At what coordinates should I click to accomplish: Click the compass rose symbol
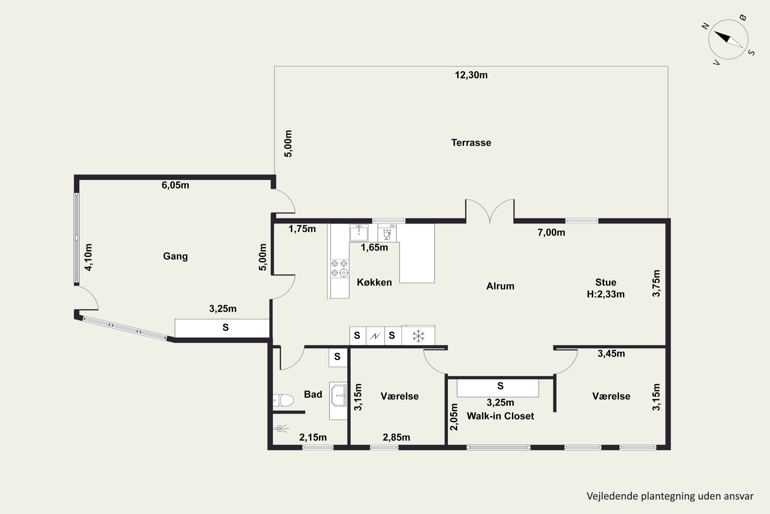point(728,40)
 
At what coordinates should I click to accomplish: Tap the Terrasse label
point(471,143)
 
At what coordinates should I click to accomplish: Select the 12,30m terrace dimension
point(471,75)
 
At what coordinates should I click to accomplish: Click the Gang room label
point(176,256)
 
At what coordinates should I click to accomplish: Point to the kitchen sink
point(359,233)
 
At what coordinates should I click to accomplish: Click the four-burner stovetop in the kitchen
point(340,268)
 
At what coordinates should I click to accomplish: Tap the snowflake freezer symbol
point(418,336)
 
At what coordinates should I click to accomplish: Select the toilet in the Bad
point(283,400)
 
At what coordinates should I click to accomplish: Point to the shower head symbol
point(281,428)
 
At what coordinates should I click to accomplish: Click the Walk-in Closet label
point(500,416)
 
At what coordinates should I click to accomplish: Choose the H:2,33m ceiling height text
point(606,294)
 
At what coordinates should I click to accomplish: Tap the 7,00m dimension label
point(551,232)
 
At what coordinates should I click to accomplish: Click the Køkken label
point(374,282)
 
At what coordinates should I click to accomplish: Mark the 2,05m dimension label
point(454,417)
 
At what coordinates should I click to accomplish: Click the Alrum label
point(500,286)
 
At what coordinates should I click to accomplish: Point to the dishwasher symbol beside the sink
point(387,233)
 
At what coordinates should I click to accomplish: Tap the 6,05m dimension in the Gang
point(176,185)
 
